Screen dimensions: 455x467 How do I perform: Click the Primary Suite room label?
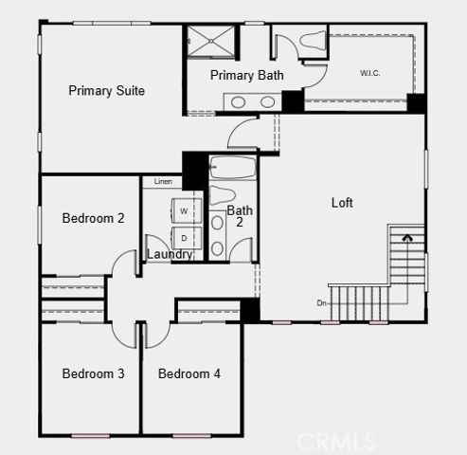click(x=106, y=91)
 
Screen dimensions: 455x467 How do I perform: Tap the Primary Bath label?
click(x=246, y=75)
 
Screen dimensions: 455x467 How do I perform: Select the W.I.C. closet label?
click(x=369, y=73)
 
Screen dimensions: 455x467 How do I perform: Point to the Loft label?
click(x=342, y=203)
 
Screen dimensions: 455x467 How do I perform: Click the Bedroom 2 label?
click(x=93, y=218)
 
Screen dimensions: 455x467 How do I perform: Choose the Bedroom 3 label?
click(x=93, y=373)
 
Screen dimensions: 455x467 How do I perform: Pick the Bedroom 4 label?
click(x=189, y=373)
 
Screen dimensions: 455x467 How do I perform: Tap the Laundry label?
click(x=171, y=254)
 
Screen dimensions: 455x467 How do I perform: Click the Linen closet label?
click(x=163, y=181)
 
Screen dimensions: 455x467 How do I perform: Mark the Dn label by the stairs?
click(x=322, y=303)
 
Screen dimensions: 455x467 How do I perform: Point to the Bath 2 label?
click(x=240, y=216)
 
